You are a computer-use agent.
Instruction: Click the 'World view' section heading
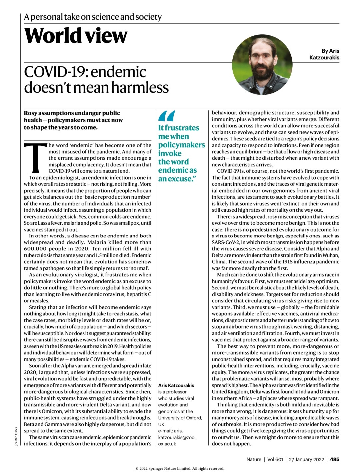point(76,36)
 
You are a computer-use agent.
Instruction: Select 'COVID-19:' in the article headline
point(55,72)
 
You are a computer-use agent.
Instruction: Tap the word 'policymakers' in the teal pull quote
point(181,145)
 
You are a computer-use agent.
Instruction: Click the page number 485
point(334,459)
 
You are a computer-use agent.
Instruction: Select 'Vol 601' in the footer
point(275,459)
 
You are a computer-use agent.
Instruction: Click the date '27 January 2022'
point(306,459)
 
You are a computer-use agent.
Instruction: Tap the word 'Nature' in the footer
point(254,459)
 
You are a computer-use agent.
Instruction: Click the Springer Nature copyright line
point(180,468)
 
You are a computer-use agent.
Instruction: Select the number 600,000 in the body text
point(36,249)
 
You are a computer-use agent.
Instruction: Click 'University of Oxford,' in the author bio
point(180,418)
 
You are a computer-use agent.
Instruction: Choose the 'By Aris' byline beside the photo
point(330,51)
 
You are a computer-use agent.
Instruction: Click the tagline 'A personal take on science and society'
point(93,17)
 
